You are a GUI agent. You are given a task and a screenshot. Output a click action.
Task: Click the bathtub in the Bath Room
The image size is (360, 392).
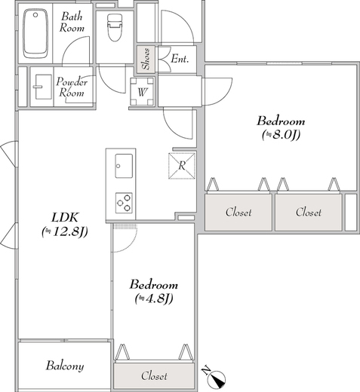(x=35, y=34)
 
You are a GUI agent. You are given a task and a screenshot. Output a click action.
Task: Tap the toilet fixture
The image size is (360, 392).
(x=115, y=27)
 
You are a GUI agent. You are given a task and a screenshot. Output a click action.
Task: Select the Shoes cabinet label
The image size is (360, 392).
(x=146, y=60)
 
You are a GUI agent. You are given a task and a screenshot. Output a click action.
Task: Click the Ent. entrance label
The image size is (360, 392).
(x=180, y=60)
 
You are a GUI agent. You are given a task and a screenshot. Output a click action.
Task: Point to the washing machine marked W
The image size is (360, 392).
(x=142, y=92)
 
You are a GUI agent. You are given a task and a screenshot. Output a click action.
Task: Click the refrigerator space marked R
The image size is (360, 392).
(x=182, y=166)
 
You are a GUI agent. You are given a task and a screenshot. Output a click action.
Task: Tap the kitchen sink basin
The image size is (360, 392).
(x=124, y=166)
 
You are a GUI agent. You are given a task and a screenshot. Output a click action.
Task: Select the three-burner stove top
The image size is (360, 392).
(x=124, y=203)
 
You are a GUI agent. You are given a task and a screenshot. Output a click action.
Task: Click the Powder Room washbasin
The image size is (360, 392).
(x=43, y=87)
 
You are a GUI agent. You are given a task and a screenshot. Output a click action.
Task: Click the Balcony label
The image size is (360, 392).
(x=65, y=366)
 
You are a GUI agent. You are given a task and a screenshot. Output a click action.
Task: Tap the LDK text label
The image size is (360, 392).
(x=65, y=218)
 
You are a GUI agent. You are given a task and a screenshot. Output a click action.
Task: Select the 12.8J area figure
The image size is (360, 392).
(x=65, y=231)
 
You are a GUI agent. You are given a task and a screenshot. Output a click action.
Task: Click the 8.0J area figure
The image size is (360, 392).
(x=281, y=135)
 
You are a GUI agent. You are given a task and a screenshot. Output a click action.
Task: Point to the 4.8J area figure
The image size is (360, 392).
(x=154, y=299)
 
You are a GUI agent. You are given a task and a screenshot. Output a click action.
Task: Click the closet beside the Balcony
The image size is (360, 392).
(x=154, y=376)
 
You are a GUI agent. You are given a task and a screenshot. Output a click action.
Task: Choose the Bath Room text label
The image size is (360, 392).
(x=72, y=22)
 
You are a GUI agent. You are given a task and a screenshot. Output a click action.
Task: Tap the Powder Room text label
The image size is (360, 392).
(x=72, y=87)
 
